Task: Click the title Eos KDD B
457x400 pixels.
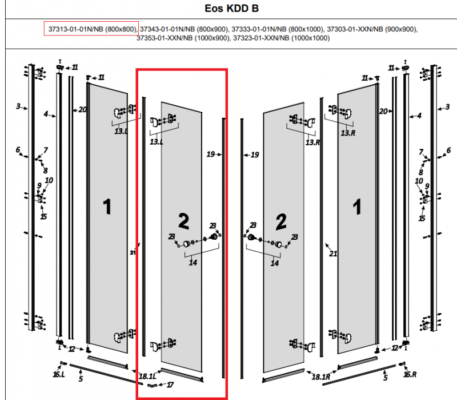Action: pos(228,9)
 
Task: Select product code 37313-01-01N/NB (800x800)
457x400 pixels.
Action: pos(92,29)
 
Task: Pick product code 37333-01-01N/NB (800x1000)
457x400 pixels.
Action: pos(279,29)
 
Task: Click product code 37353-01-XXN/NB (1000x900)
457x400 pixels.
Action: pos(185,38)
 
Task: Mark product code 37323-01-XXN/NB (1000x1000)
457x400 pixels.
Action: pos(282,38)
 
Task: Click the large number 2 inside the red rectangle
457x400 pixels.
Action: pos(184,220)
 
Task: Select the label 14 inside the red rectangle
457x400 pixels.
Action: pos(194,263)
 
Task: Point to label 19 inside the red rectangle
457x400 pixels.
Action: pos(211,155)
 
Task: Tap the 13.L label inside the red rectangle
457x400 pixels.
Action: pos(155,141)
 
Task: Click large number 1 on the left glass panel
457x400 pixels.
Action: pos(106,206)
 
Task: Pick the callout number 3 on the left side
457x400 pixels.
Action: pos(18,106)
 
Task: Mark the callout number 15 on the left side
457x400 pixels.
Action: pos(43,216)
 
